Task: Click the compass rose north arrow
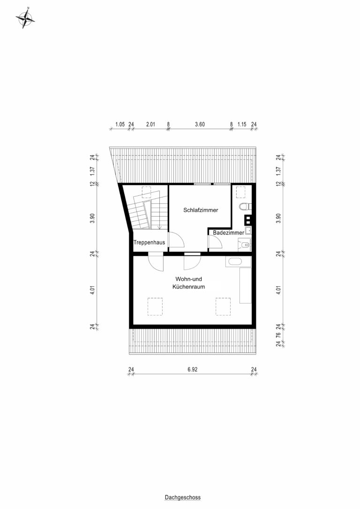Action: pyautogui.click(x=25, y=18)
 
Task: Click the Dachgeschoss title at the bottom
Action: pyautogui.click(x=182, y=497)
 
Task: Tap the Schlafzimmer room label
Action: pyautogui.click(x=201, y=210)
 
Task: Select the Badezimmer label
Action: pyautogui.click(x=228, y=233)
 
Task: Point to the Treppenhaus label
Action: pyautogui.click(x=150, y=242)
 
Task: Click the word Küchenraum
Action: pyautogui.click(x=188, y=287)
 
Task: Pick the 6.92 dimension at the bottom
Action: pyautogui.click(x=192, y=369)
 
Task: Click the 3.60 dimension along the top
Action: pyautogui.click(x=200, y=124)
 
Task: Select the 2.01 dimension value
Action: pyautogui.click(x=150, y=124)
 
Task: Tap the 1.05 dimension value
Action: pyautogui.click(x=120, y=124)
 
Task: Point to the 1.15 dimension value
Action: pyautogui.click(x=242, y=124)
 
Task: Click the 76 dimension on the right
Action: pyautogui.click(x=278, y=335)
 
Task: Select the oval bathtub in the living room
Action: pyautogui.click(x=234, y=262)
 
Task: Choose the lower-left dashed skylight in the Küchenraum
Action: pyautogui.click(x=155, y=307)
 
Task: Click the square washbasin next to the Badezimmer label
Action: pyautogui.click(x=248, y=231)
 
